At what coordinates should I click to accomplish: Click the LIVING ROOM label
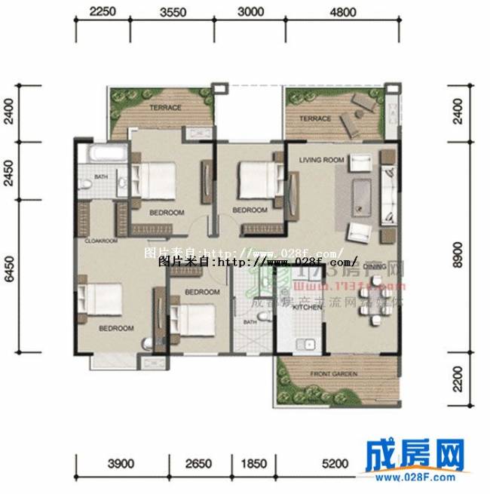[321, 160]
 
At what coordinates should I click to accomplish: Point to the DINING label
[375, 266]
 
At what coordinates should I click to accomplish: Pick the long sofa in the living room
[387, 192]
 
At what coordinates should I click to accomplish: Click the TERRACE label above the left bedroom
[164, 108]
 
